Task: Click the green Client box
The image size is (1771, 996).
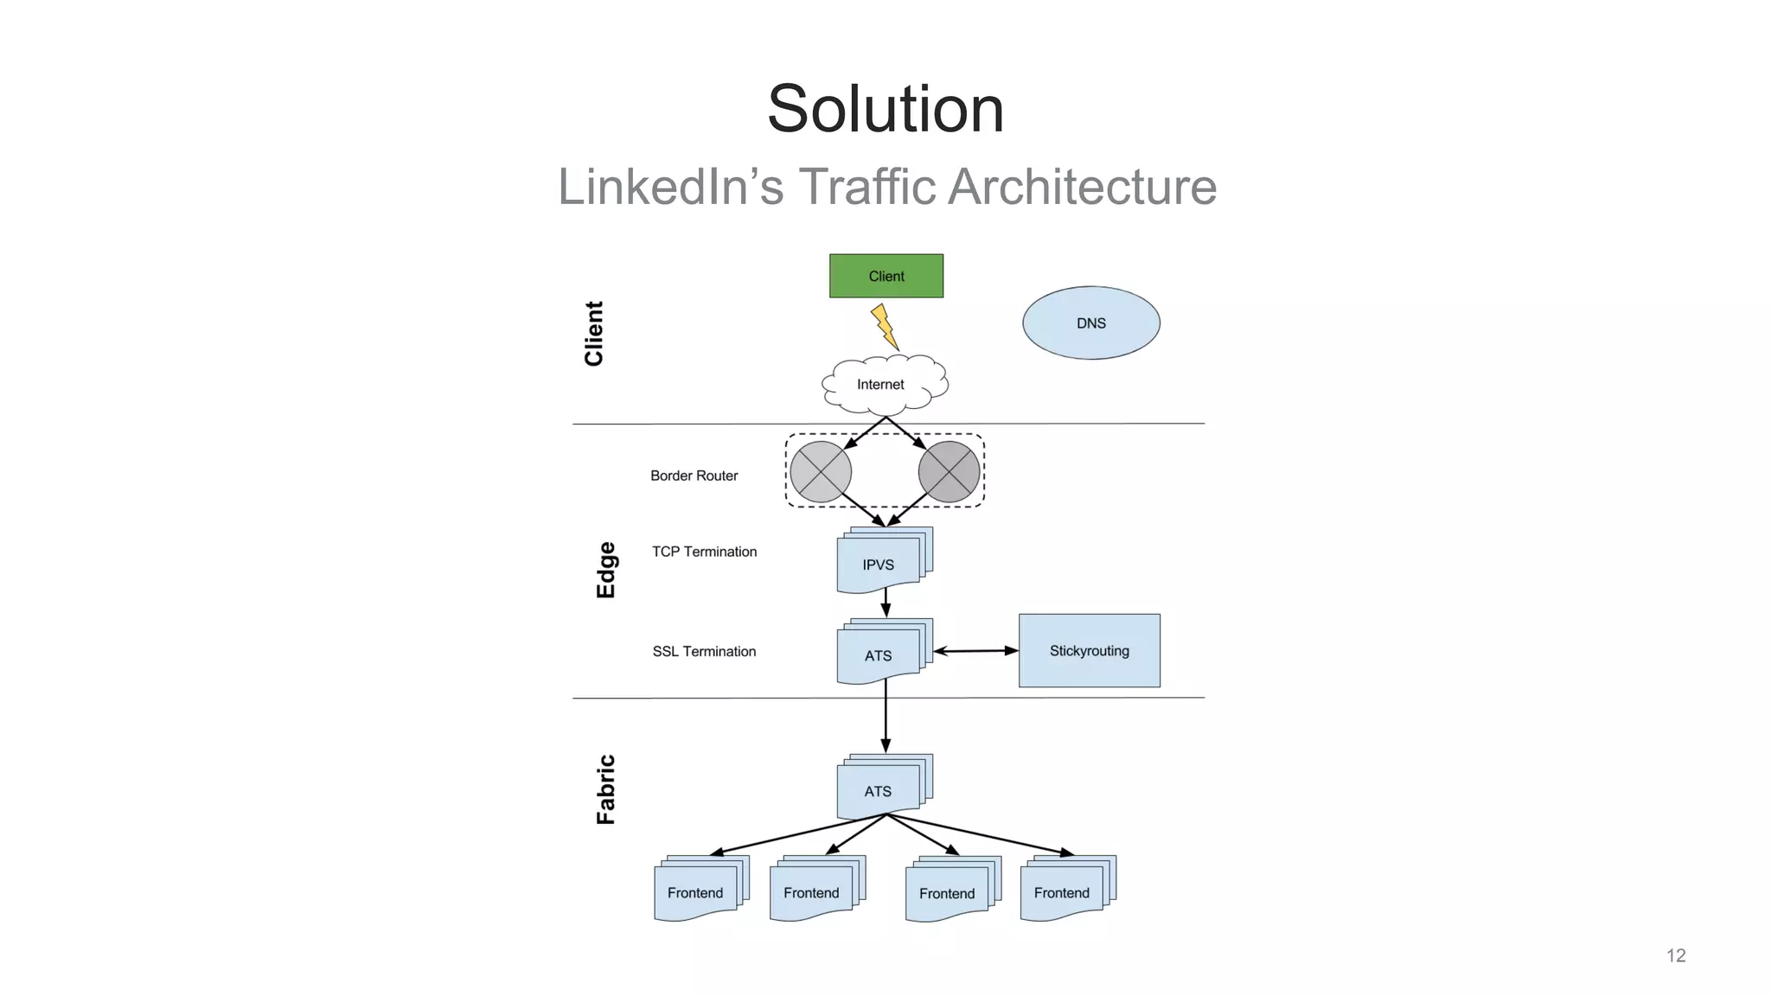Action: (x=885, y=276)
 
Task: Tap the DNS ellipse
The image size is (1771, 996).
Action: (x=1090, y=322)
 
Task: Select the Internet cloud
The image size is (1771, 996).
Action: (x=882, y=384)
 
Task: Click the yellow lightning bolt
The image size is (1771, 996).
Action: (x=884, y=327)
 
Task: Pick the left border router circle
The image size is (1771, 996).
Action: (x=821, y=472)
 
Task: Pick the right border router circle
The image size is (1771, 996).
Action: (x=949, y=472)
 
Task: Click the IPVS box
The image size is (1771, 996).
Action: (x=879, y=564)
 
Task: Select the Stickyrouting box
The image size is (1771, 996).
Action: (x=1089, y=650)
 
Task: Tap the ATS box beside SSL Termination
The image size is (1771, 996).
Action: (x=879, y=654)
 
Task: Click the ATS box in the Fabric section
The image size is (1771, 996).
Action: (x=879, y=790)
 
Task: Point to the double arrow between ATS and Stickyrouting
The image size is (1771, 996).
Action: (x=975, y=651)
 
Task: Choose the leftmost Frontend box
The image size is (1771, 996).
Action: (x=696, y=892)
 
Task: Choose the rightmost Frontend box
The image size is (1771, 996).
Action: (x=1062, y=892)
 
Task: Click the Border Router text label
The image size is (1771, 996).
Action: (x=694, y=476)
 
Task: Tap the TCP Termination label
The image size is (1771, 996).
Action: (x=704, y=552)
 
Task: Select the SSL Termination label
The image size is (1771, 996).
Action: (x=704, y=651)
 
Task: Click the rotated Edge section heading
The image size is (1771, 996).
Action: (x=606, y=570)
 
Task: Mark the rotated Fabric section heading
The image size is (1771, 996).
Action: (x=606, y=789)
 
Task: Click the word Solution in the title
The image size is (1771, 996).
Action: (x=885, y=109)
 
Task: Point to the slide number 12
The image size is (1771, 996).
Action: (x=1675, y=955)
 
